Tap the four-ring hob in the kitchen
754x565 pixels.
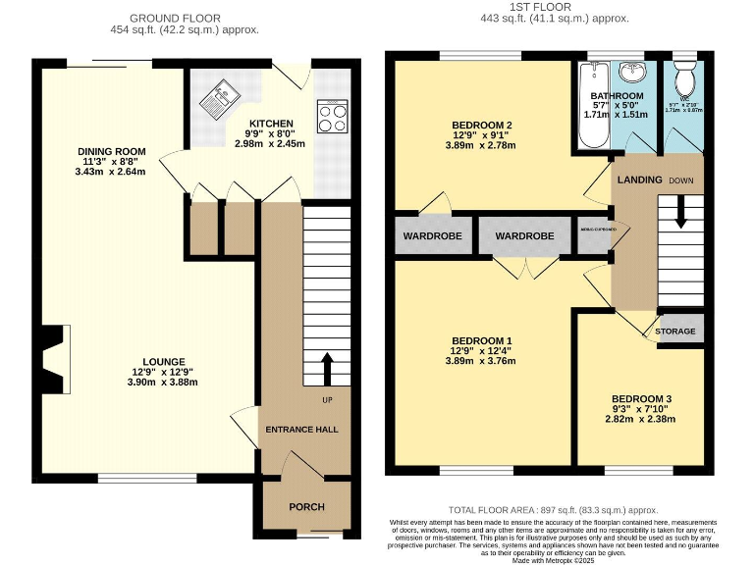(x=333, y=118)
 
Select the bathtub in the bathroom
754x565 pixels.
(x=592, y=107)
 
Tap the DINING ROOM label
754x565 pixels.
(x=112, y=151)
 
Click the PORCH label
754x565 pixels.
(x=306, y=506)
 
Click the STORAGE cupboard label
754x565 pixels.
(x=675, y=332)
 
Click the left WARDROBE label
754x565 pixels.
(x=431, y=236)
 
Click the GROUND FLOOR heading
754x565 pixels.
(x=175, y=18)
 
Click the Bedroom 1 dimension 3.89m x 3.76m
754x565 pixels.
(x=482, y=360)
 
